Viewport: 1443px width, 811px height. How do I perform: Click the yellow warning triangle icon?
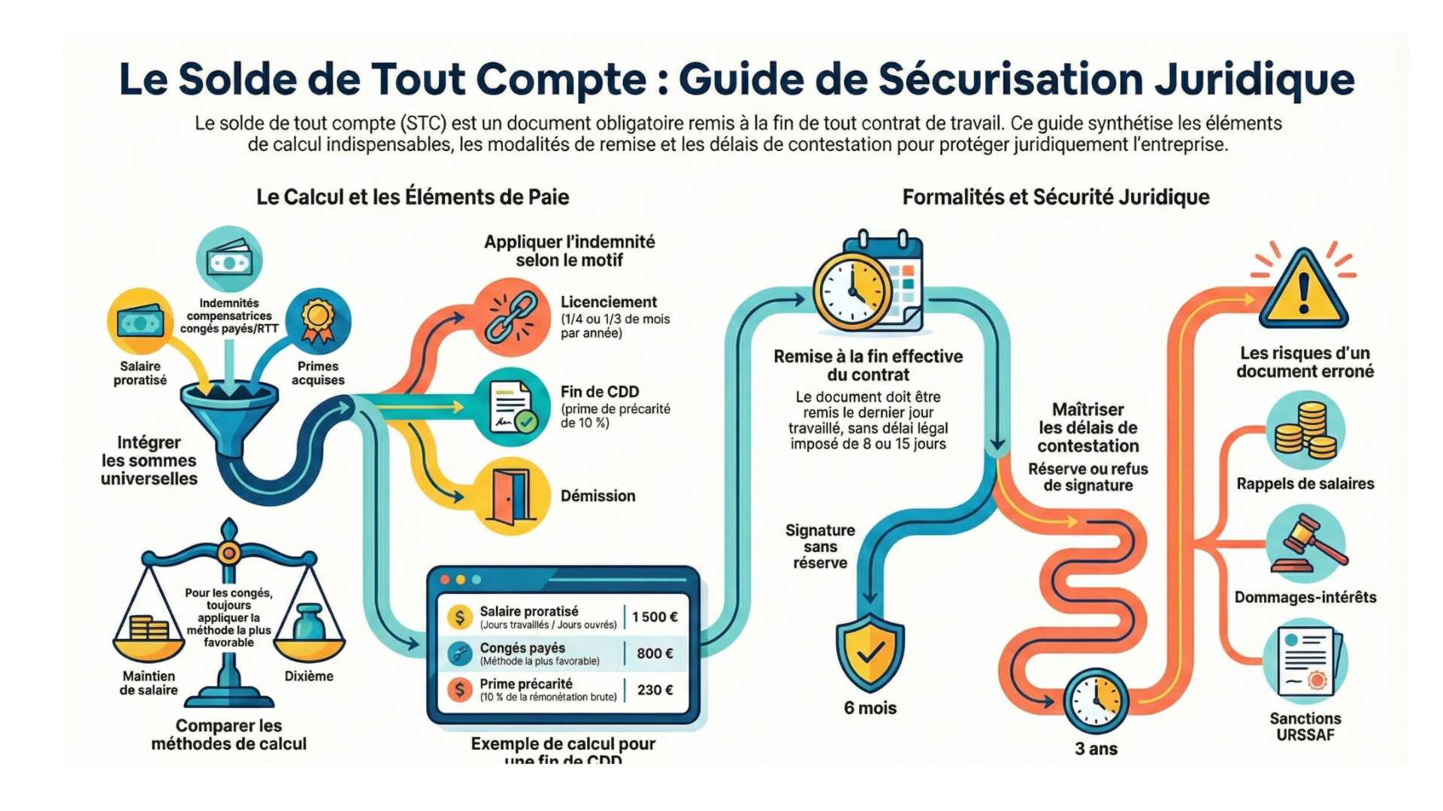[1303, 289]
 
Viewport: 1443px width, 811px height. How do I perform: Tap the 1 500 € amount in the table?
[655, 617]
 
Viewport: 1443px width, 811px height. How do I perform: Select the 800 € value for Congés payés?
[655, 653]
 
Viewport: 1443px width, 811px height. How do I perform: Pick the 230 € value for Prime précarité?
[655, 689]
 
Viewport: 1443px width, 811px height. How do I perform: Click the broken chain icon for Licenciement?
[511, 315]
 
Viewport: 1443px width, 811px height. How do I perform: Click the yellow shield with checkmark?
[870, 652]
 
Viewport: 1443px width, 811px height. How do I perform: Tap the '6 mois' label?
[870, 708]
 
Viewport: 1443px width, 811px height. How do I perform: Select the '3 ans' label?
[1096, 749]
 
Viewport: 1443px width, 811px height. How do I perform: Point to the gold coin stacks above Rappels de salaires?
[1306, 431]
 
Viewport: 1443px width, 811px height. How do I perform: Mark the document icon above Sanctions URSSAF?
[1306, 661]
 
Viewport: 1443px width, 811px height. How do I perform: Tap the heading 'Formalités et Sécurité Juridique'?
[1055, 197]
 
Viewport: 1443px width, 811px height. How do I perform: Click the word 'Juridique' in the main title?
[1254, 79]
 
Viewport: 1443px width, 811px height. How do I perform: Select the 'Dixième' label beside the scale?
[309, 676]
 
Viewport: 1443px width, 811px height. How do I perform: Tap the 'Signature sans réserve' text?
[820, 547]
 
